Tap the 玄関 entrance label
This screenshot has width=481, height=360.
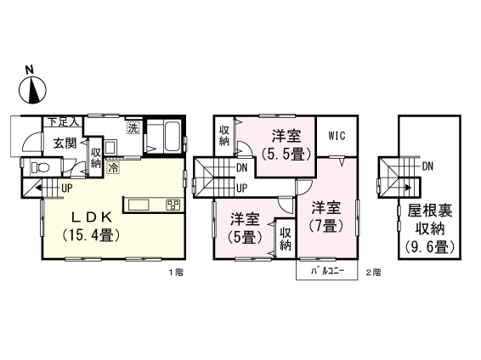[x=64, y=143]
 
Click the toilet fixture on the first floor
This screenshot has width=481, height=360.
[x=37, y=167]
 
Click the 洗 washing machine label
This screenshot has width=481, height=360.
[x=133, y=128]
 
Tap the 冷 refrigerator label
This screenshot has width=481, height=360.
[x=114, y=169]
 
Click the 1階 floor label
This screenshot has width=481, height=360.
[x=176, y=273]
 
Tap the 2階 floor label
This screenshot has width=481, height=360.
[x=372, y=273]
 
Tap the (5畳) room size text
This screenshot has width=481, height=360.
[x=240, y=238]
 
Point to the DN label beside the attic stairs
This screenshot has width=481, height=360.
[x=427, y=166]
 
